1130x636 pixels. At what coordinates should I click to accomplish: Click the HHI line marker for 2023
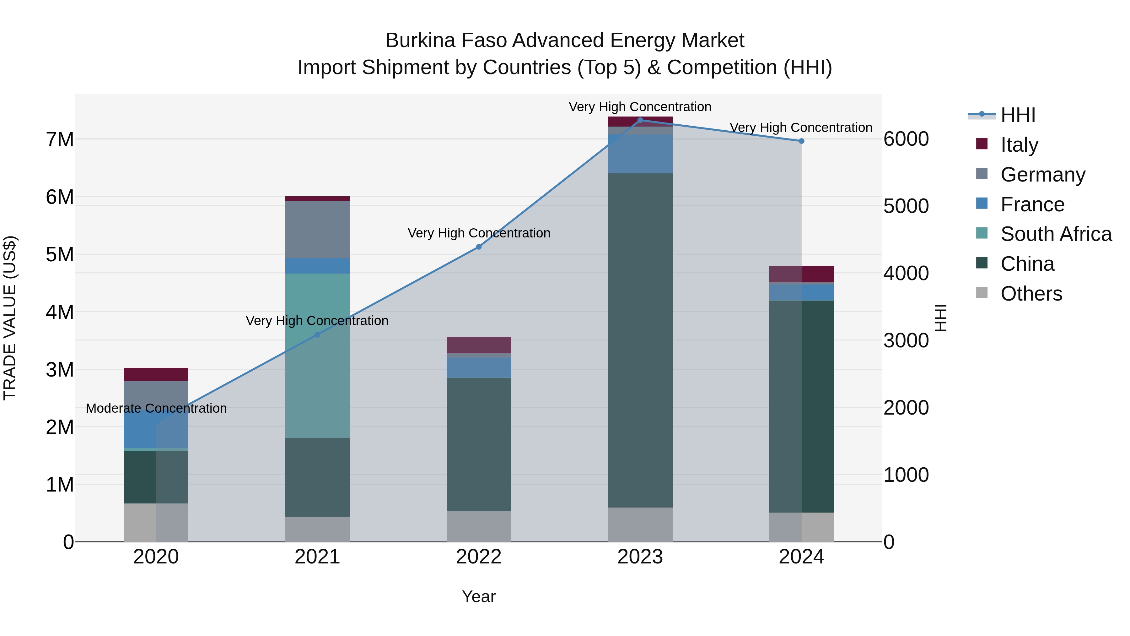click(640, 120)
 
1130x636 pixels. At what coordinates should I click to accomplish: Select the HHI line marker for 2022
click(479, 247)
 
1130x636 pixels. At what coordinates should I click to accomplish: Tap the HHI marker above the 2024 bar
click(801, 141)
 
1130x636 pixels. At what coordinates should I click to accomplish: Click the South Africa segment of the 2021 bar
click(317, 356)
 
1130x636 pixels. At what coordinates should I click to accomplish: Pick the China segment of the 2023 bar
click(640, 340)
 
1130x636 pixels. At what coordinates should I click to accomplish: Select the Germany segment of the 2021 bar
click(317, 230)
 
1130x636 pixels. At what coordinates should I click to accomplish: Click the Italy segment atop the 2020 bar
click(156, 374)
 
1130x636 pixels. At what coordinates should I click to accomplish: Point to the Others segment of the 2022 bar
click(479, 526)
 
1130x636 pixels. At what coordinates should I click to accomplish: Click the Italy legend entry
click(1019, 145)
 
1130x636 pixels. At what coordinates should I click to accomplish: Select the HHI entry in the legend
click(1018, 115)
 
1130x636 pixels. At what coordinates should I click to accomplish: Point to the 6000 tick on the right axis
click(906, 139)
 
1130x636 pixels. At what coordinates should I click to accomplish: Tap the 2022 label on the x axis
click(479, 557)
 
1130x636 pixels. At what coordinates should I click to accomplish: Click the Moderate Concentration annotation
click(156, 408)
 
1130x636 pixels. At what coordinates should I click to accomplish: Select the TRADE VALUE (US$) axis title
click(10, 318)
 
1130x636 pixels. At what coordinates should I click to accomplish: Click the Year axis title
click(479, 596)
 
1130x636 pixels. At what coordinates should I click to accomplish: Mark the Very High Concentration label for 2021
click(317, 321)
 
